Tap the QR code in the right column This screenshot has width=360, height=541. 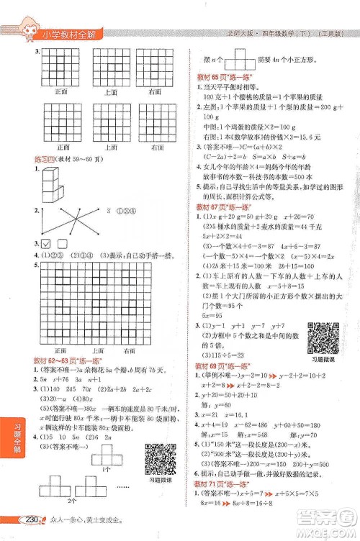322,337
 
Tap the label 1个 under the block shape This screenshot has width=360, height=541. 105,469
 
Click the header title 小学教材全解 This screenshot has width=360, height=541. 74,32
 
